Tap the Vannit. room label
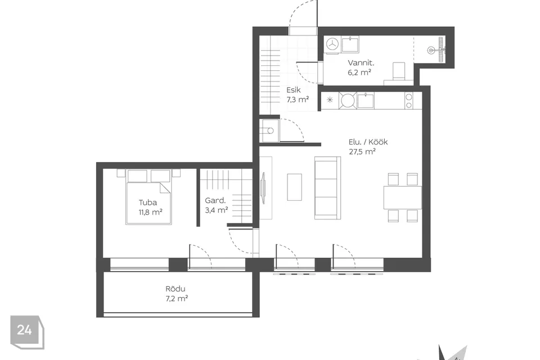tap(361, 63)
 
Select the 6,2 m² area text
tap(359, 73)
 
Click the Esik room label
tap(294, 90)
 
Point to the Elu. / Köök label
tap(368, 142)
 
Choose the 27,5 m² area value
tap(362, 151)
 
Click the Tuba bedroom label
tap(148, 202)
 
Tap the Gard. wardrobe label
tap(215, 200)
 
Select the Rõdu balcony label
tap(175, 289)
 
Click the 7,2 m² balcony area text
tap(177, 298)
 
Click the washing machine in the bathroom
tap(332, 45)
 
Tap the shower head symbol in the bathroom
tap(436, 50)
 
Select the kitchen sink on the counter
tap(366, 101)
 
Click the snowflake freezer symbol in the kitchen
tap(330, 100)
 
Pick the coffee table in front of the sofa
tap(294, 187)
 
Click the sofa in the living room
tap(327, 188)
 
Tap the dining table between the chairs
tap(403, 197)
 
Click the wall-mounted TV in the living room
tap(263, 188)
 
